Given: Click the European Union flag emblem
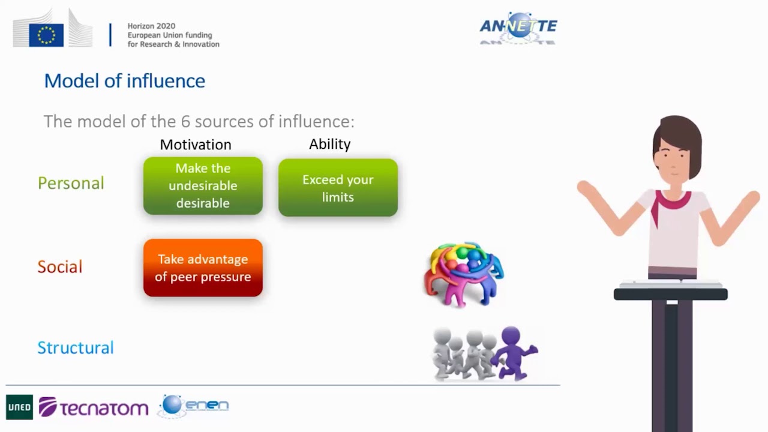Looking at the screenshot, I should tap(46, 35).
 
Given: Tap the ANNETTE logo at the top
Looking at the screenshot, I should tap(518, 27).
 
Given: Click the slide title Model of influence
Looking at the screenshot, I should tap(125, 81).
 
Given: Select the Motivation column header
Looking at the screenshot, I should tap(195, 145).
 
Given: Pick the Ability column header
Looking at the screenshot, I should tap(329, 144).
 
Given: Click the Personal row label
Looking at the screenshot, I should tap(71, 183).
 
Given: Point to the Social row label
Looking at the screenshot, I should tap(60, 267).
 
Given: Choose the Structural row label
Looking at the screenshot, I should tap(76, 348).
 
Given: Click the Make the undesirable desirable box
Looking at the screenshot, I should tap(203, 186).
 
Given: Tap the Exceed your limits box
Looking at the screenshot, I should tap(338, 188).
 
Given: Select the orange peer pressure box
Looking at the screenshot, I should tap(203, 268).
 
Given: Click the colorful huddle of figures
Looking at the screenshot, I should tap(464, 274).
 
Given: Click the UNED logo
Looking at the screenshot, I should tap(19, 407).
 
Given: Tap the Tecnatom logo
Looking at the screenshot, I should tap(94, 407).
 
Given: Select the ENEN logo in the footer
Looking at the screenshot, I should tap(194, 406).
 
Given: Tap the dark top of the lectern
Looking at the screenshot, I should tap(670, 294).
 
